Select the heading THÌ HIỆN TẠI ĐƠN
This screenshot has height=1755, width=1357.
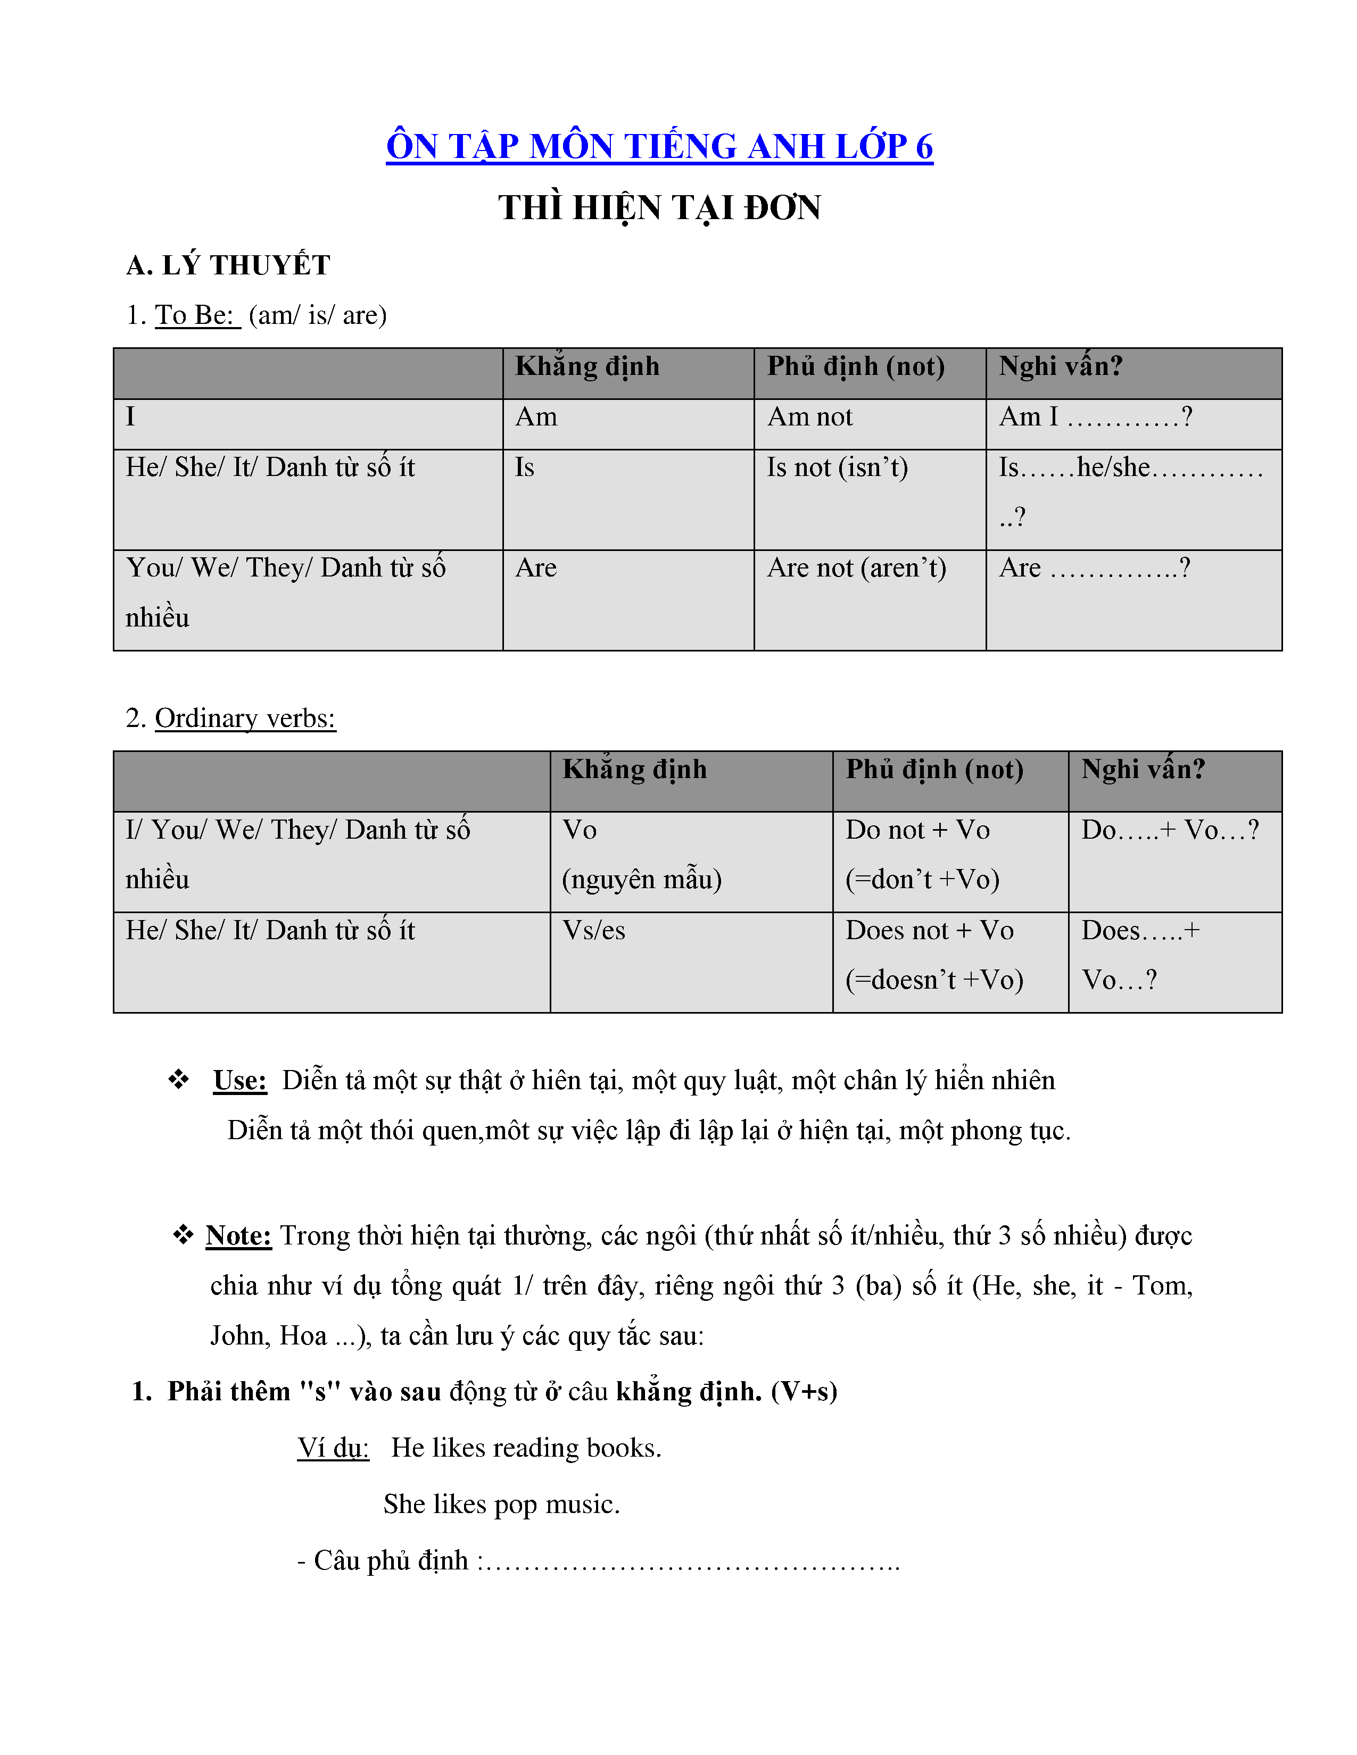(659, 208)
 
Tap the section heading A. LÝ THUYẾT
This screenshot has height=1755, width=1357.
(228, 265)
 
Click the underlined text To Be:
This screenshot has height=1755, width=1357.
(196, 315)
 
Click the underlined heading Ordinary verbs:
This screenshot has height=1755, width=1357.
(245, 718)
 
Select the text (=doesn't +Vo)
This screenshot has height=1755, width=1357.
(934, 980)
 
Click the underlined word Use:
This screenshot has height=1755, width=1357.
(239, 1081)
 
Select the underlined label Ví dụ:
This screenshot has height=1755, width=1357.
(333, 1448)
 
